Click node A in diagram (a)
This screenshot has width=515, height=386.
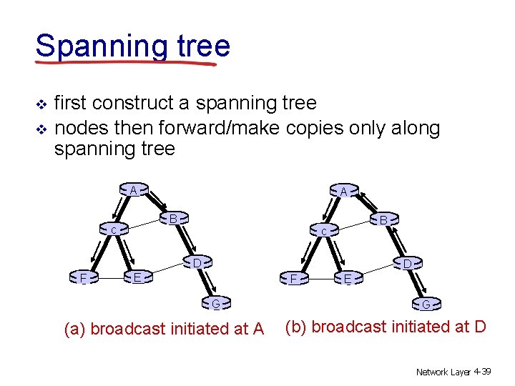(134, 191)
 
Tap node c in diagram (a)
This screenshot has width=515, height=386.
(114, 231)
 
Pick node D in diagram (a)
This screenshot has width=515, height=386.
(196, 263)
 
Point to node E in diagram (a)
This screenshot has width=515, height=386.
(137, 277)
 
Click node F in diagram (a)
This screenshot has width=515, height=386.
(84, 277)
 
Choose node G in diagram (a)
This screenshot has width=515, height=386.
(215, 305)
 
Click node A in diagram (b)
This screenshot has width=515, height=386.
(343, 192)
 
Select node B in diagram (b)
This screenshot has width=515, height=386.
(383, 221)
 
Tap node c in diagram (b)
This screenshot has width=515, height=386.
(323, 232)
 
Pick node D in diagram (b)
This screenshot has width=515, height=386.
(406, 264)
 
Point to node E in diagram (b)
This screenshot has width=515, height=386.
(347, 279)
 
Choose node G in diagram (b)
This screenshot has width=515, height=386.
(425, 305)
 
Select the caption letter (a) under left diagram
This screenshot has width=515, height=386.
(75, 330)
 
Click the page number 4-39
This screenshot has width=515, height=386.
(481, 372)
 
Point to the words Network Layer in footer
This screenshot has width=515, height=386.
(441, 372)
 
